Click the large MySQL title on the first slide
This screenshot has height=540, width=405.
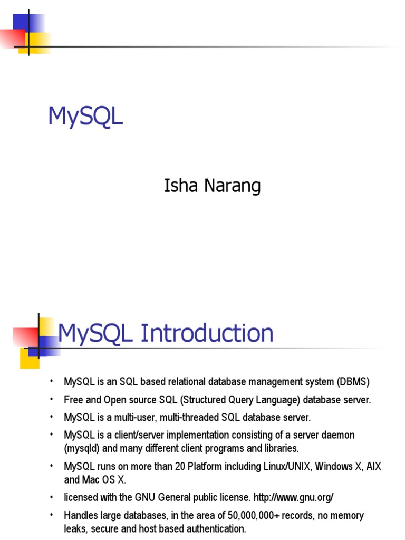point(85,117)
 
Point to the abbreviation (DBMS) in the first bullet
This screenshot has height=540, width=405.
point(352,381)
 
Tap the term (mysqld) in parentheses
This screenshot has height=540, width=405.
point(82,448)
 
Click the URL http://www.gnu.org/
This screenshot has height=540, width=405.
point(294,497)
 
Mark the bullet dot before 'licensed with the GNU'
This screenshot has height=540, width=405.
point(52,497)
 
